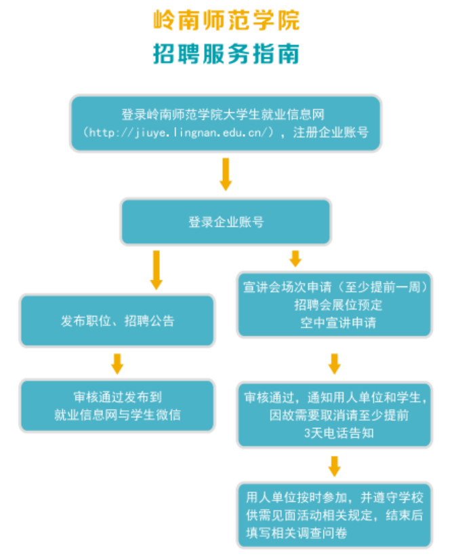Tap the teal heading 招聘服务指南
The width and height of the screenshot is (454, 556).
[x=226, y=54]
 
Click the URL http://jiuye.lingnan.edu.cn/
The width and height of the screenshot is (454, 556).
[x=178, y=132]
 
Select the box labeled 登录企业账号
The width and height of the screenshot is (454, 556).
[x=226, y=222]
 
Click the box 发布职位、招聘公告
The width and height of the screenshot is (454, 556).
[x=117, y=320]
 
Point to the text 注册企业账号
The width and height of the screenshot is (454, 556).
[x=331, y=132]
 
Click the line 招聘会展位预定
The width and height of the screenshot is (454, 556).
[x=335, y=304]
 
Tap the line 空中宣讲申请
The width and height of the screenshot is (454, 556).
[x=335, y=322]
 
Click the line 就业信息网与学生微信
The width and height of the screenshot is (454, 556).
[x=117, y=414]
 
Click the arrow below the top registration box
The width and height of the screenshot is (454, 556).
[x=226, y=174]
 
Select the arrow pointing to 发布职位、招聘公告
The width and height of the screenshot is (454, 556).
[x=157, y=270]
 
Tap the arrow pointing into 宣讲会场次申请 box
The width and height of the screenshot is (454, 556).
[x=295, y=259]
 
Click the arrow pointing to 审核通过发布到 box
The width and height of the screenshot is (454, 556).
[x=117, y=363]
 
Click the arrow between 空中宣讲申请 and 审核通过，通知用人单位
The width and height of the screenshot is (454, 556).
[x=334, y=363]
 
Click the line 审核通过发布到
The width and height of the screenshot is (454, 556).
[x=117, y=396]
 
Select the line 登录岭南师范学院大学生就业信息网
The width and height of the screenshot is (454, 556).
[x=226, y=114]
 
